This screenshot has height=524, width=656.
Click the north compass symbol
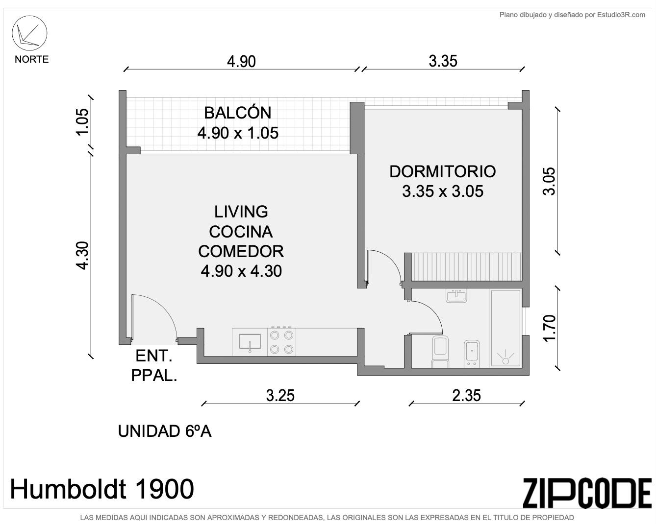pos(29,33)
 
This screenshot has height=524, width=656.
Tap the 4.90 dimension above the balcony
pos(241,62)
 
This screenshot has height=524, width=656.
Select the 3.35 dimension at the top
pos(443,61)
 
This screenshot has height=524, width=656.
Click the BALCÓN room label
pos(237,113)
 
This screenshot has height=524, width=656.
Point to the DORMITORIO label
pos(443,171)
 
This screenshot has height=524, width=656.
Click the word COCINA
pos(241,232)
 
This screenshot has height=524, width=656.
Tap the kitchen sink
pos(250,342)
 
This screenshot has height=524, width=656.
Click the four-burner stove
pos(281,342)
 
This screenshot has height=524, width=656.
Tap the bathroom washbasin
pos(456,296)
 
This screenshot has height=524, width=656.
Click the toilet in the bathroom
pos(440,351)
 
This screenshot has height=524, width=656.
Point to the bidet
pos(472,354)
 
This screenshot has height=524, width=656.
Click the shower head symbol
pos(505,358)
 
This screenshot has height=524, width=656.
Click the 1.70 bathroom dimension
pos(550,328)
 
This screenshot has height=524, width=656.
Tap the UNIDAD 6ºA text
pos(165,431)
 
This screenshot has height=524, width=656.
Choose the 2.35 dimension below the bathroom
pos(466,396)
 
